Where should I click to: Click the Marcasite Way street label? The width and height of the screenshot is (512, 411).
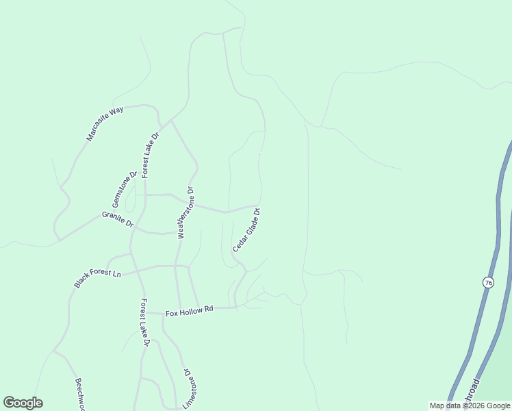(x=105, y=123)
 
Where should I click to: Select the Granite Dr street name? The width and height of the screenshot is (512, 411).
(x=116, y=219)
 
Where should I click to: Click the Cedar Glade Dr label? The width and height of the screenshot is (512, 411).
(x=246, y=231)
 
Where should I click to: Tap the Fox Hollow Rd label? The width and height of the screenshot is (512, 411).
(x=190, y=312)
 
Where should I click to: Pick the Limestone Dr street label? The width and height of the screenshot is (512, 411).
(x=188, y=389)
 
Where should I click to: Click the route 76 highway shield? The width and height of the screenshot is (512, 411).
(x=487, y=283)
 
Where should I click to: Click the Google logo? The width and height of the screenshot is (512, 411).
(x=23, y=403)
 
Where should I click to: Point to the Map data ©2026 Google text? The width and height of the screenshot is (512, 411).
(x=470, y=406)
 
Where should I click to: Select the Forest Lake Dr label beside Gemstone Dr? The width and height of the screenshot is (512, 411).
(x=150, y=155)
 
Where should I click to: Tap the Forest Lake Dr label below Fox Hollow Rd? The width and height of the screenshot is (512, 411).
(x=144, y=322)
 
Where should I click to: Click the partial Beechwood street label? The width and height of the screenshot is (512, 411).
(x=79, y=395)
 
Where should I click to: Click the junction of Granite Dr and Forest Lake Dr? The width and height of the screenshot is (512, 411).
(x=135, y=228)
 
